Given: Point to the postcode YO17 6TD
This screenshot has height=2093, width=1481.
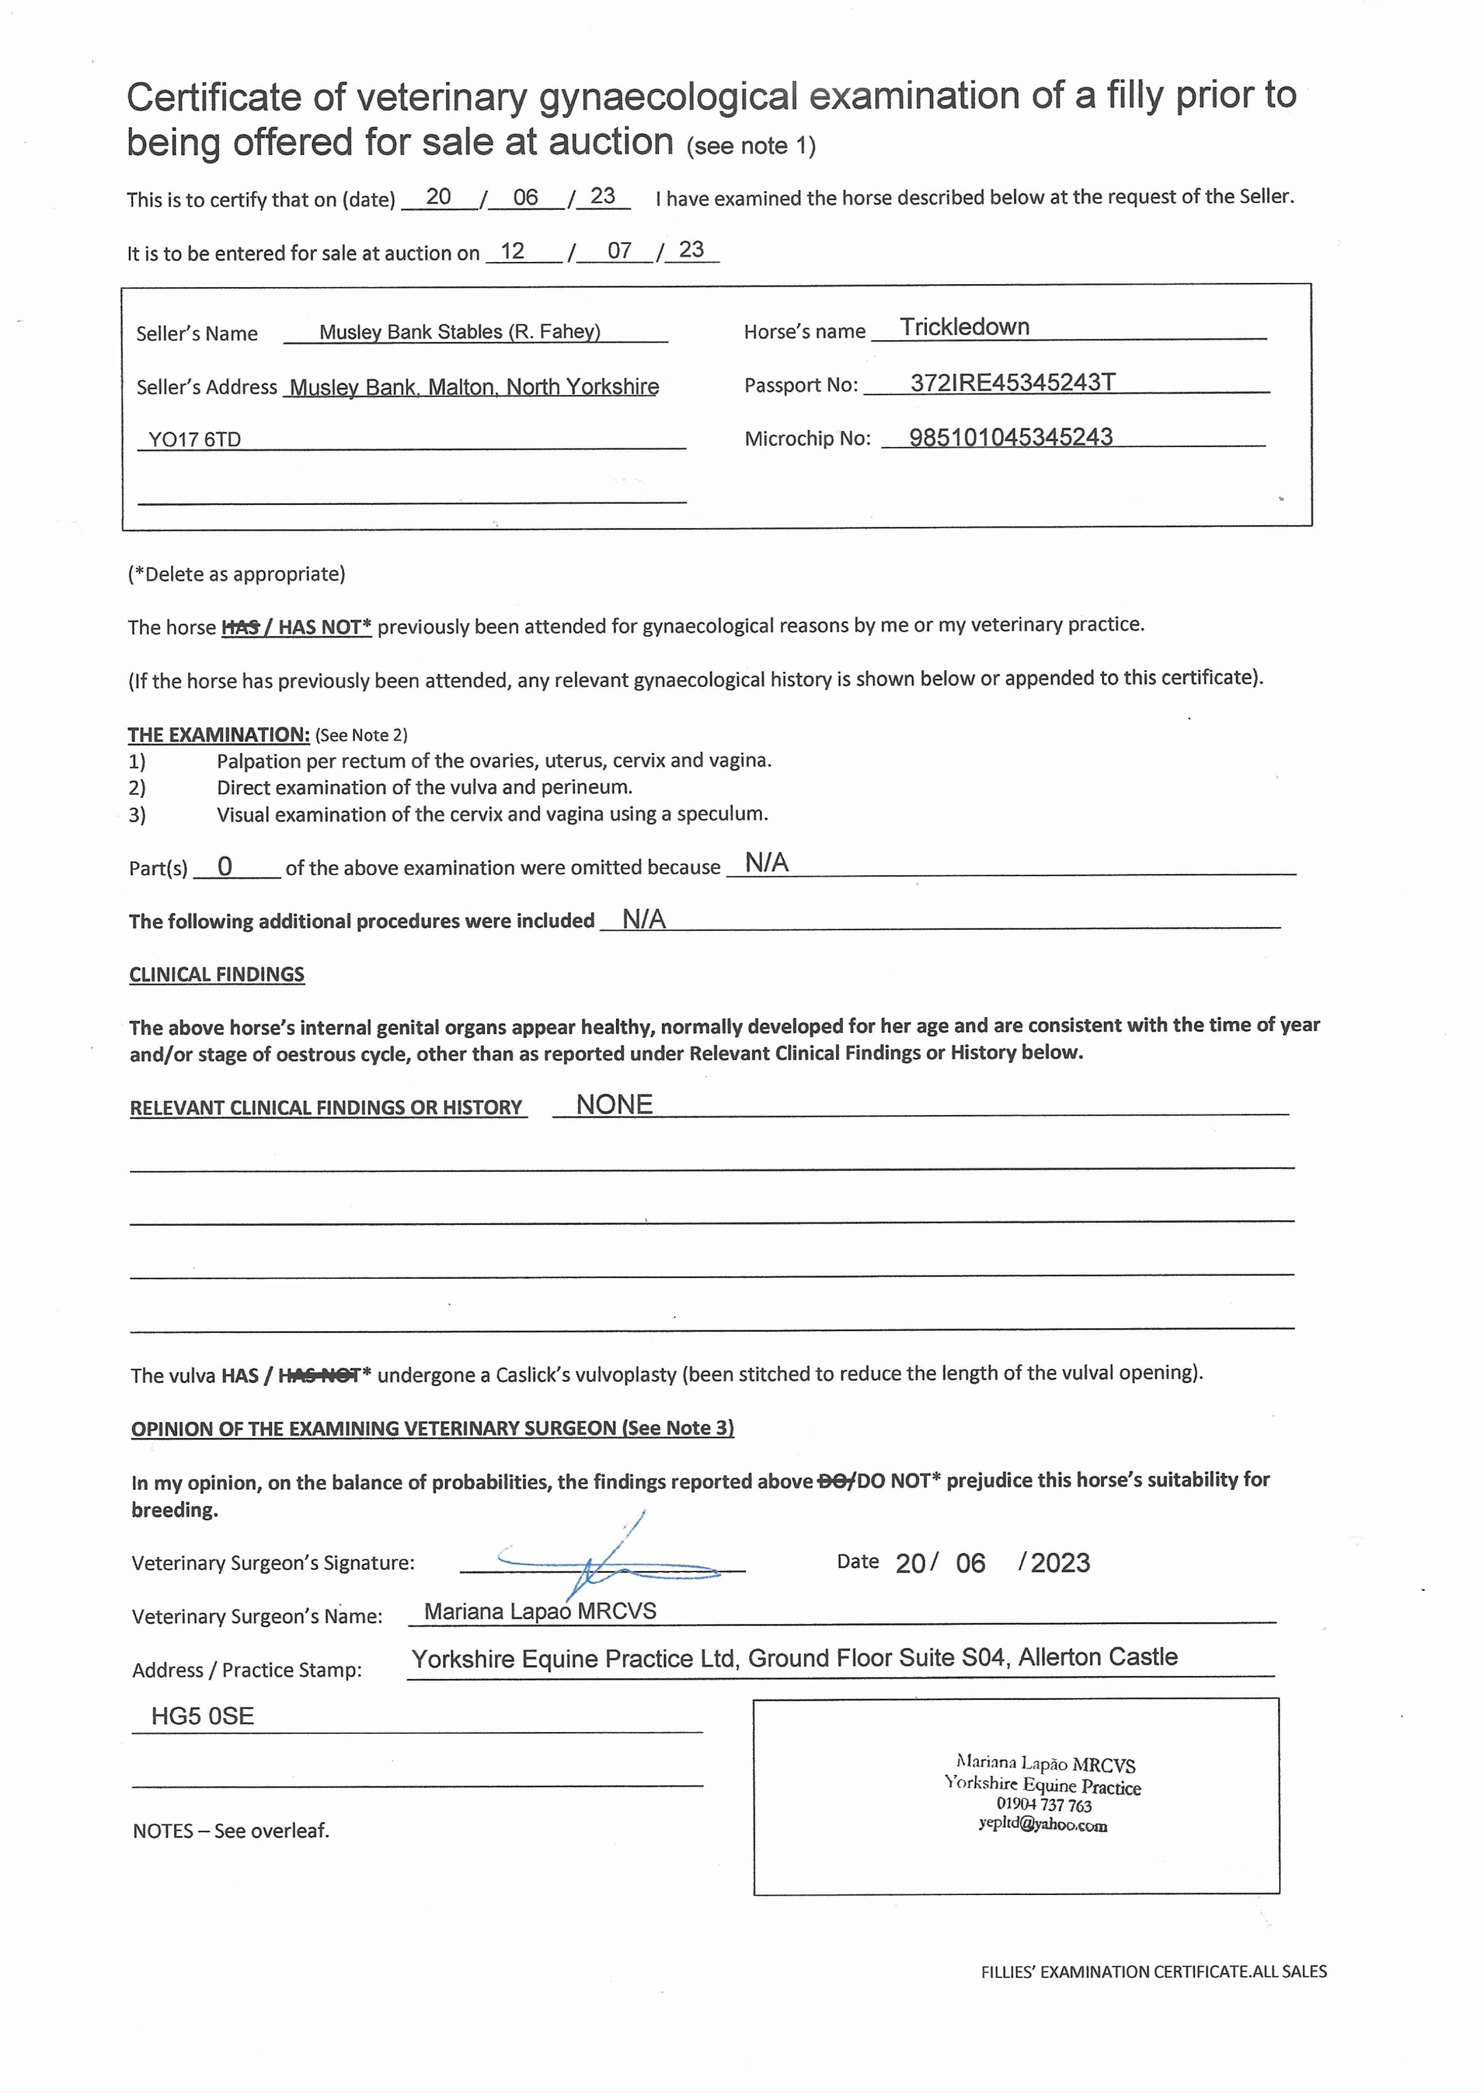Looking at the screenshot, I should (194, 440).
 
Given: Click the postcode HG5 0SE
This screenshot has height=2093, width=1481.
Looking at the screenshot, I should (203, 1716).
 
